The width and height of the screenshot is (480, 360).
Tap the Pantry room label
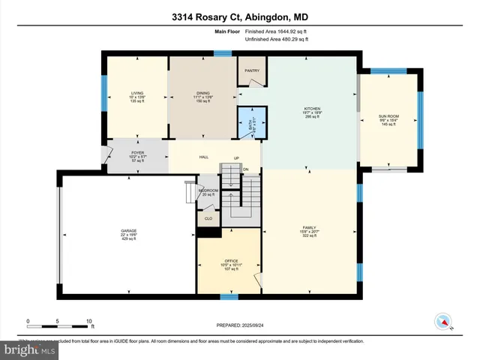251,72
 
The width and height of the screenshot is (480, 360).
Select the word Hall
202,157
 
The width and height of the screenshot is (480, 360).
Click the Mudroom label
208,190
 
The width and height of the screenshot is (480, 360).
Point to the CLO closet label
208,219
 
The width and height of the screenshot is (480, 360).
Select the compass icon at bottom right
442,322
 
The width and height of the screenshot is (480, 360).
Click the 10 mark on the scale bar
89,320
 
